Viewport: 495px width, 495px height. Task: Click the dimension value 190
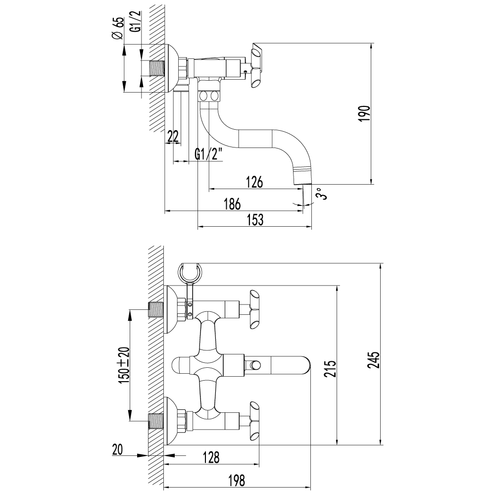pos(364,114)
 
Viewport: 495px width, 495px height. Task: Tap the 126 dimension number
pos(254,182)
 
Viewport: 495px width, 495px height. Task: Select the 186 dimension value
pos(232,204)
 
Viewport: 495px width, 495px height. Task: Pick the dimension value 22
pos(173,137)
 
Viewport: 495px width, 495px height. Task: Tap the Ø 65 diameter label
pos(117,30)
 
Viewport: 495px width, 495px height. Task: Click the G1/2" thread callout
pos(209,154)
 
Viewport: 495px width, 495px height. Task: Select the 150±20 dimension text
pos(124,364)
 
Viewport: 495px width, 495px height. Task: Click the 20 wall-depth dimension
pos(117,450)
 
